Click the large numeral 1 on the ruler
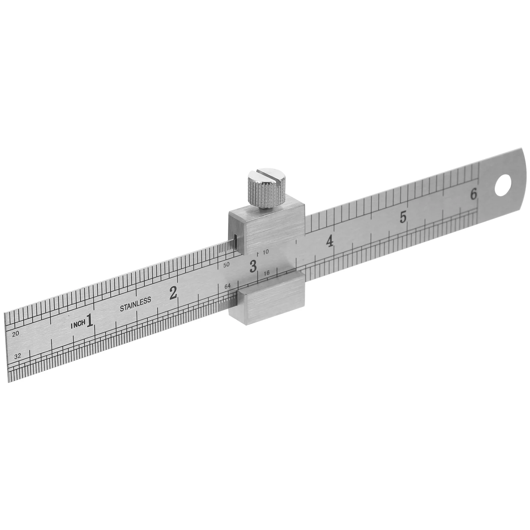[89, 321]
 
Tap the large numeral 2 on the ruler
[173, 293]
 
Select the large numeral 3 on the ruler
[253, 266]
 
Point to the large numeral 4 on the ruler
[330, 242]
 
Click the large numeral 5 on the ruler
[403, 217]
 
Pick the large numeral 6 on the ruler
[474, 194]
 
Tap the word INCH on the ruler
[78, 325]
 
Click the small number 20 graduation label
[15, 334]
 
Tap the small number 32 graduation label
[18, 356]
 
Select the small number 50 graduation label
[227, 265]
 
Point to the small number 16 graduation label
[267, 273]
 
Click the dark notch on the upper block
[235, 241]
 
